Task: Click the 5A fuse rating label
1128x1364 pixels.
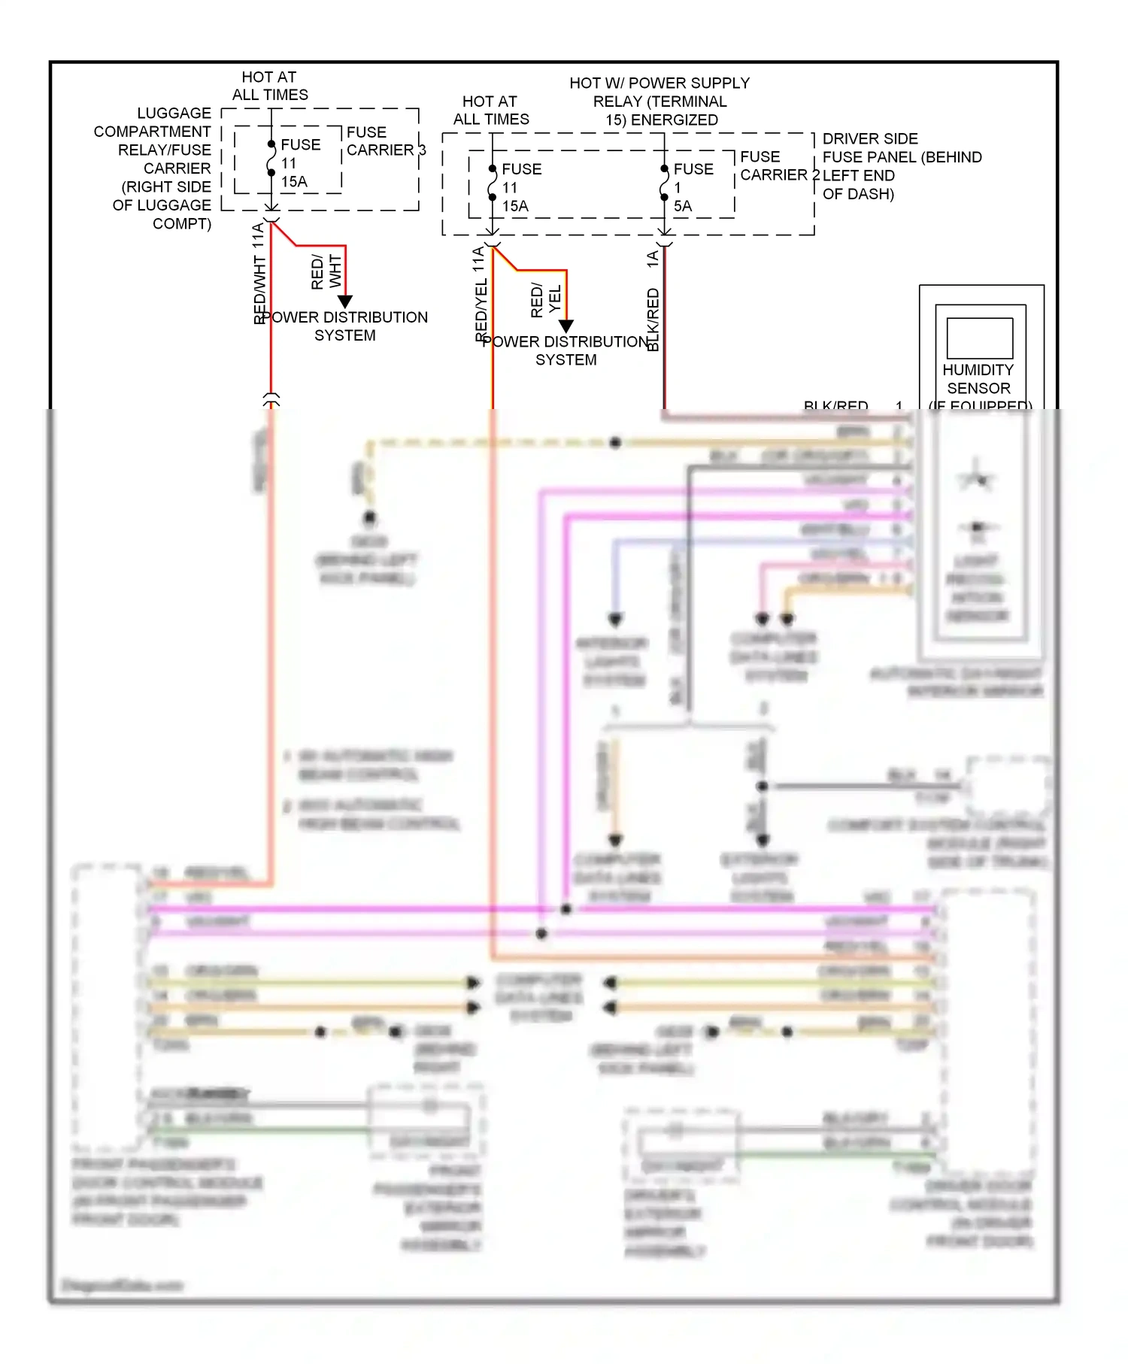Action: [x=682, y=206]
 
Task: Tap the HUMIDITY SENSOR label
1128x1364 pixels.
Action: [x=978, y=379]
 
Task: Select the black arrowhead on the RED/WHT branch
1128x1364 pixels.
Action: [x=344, y=302]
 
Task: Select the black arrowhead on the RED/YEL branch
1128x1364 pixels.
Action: [x=566, y=326]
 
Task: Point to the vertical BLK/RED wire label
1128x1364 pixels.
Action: [x=653, y=319]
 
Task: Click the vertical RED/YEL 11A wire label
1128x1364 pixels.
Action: [x=480, y=293]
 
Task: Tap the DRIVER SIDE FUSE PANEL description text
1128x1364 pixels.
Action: [x=901, y=166]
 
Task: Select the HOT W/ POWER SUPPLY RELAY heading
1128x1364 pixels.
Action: [x=660, y=102]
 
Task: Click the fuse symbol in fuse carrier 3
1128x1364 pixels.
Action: [x=271, y=159]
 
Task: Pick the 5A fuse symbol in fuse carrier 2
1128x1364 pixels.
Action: [x=664, y=183]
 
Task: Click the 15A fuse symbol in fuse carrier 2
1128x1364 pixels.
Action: [x=492, y=183]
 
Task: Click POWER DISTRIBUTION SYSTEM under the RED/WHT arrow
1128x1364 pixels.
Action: [x=344, y=326]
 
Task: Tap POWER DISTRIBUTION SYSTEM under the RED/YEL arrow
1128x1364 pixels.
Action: [x=566, y=350]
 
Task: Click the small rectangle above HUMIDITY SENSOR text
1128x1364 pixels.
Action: [x=979, y=338]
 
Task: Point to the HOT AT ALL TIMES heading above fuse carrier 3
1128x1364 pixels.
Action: [x=270, y=86]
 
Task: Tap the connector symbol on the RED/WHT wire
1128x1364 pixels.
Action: [x=271, y=399]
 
